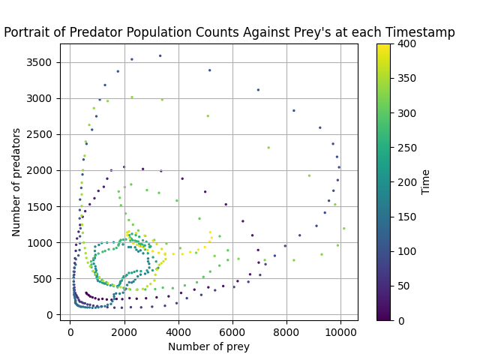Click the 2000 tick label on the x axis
(124, 331)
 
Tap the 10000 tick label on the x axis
(340, 331)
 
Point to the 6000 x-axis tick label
(232, 331)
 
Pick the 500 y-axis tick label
(46, 278)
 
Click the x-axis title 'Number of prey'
(208, 346)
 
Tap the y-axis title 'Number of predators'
(16, 182)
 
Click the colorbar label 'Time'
(426, 182)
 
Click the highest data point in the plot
(160, 55)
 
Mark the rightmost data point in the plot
(343, 229)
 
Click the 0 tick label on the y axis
(52, 315)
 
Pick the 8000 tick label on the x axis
(286, 331)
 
